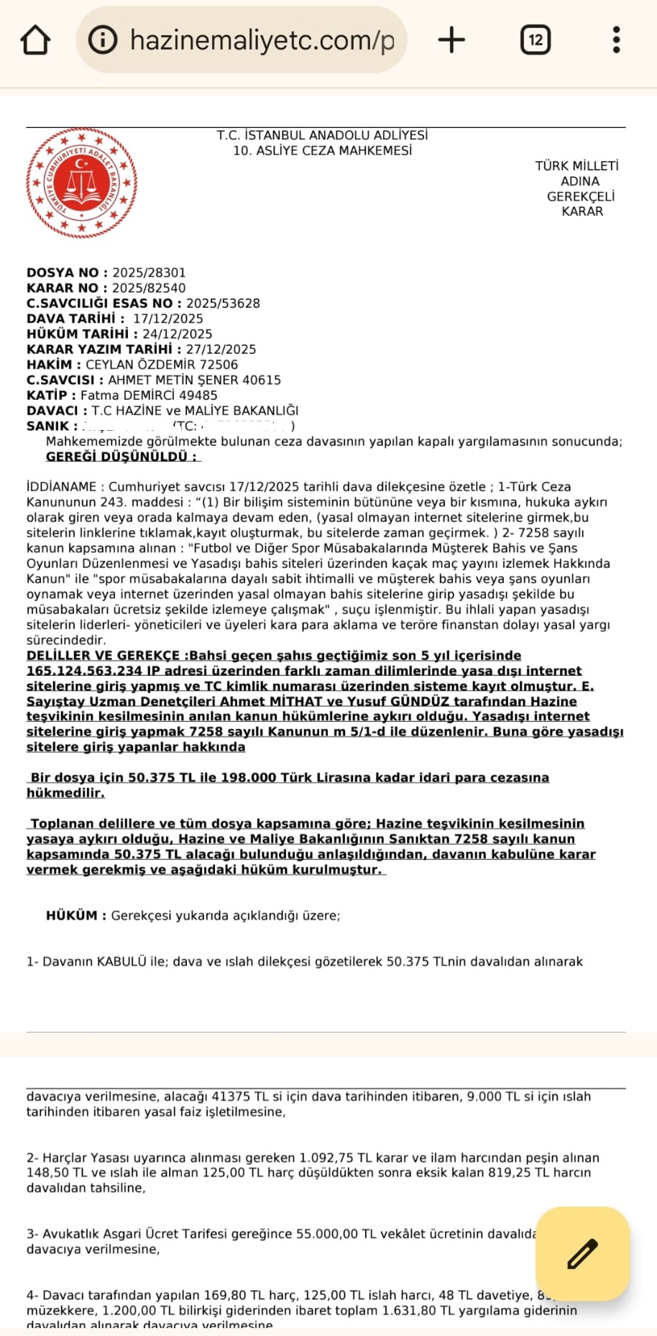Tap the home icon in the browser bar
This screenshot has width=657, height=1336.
pos(35,40)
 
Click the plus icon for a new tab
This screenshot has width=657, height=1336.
pos(451,40)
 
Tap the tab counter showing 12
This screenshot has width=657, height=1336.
pos(536,40)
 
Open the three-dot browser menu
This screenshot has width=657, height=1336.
pos(616,40)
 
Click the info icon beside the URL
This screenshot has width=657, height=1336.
pos(103,40)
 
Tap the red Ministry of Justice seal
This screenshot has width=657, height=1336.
pos(81,183)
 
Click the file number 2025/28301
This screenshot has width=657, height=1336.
pos(149,273)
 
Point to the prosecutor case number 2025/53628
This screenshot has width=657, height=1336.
pos(223,303)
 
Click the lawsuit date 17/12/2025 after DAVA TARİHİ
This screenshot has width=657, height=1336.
pos(168,319)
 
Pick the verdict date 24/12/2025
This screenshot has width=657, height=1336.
pos(178,334)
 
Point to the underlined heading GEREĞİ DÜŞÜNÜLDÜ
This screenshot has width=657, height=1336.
pos(121,457)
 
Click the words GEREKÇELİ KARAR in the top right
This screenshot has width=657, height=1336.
pos(581,203)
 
